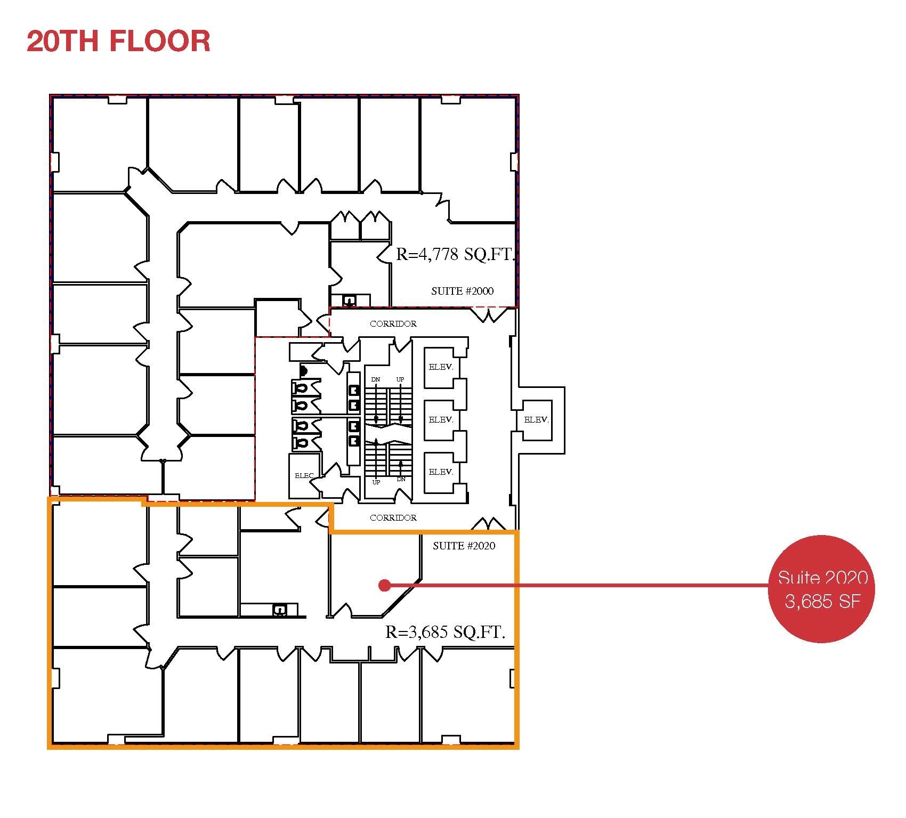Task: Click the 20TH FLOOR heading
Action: (118, 41)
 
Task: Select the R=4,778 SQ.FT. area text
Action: (455, 254)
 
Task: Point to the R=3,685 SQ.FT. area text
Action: (445, 632)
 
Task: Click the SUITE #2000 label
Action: (462, 291)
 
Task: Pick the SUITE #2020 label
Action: (464, 546)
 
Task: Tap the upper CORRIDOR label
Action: (393, 323)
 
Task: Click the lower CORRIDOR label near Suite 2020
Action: (393, 517)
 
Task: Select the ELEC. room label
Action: (304, 475)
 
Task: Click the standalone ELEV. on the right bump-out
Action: (536, 420)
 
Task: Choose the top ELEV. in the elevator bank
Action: (441, 367)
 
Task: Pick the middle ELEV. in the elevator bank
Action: (441, 420)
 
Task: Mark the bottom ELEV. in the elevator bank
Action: (441, 472)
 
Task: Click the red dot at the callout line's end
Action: (383, 586)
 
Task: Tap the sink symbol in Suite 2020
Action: (278, 610)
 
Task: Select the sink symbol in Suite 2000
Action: (349, 301)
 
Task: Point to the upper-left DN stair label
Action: (376, 379)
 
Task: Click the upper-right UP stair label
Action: (400, 379)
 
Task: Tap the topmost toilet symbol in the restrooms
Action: (300, 387)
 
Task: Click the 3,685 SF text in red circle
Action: (822, 601)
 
